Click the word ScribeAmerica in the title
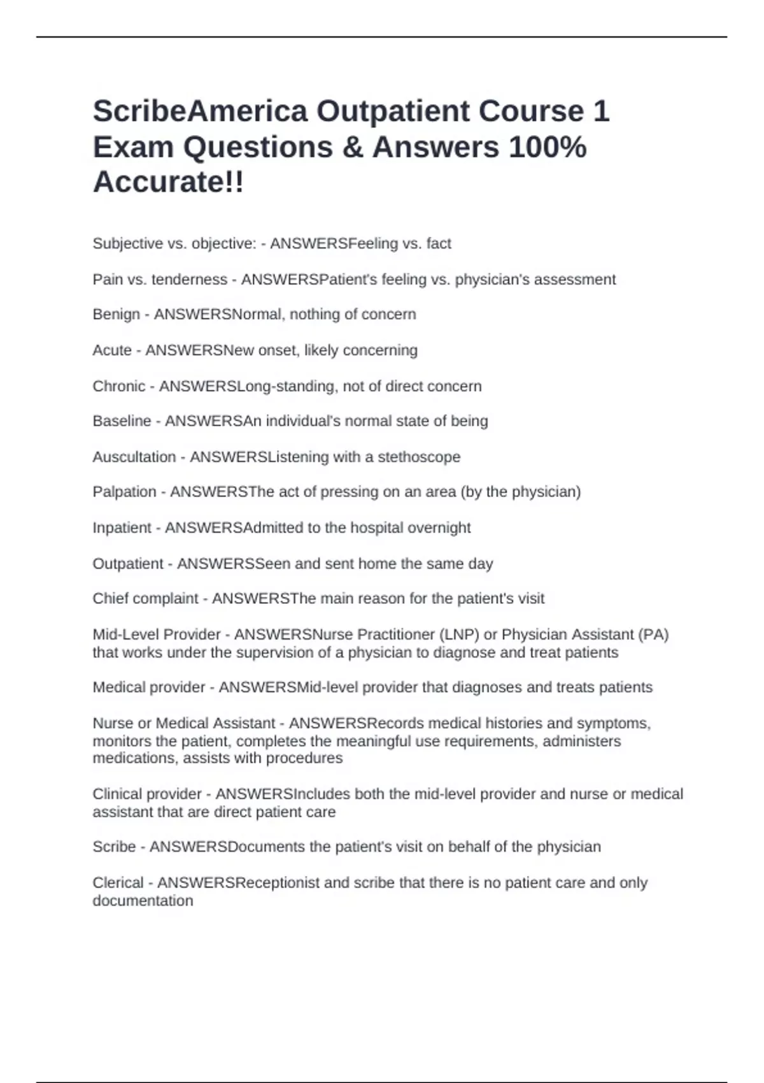click(x=200, y=111)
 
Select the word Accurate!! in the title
click(x=168, y=182)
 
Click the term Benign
click(x=116, y=315)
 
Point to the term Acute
click(x=112, y=350)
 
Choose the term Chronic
click(x=119, y=386)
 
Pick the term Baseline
click(x=122, y=421)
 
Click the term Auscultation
click(x=134, y=457)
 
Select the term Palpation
click(x=124, y=492)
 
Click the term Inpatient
click(x=122, y=527)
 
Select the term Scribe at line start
click(x=114, y=847)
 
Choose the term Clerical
click(x=118, y=883)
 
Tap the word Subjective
click(x=127, y=243)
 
